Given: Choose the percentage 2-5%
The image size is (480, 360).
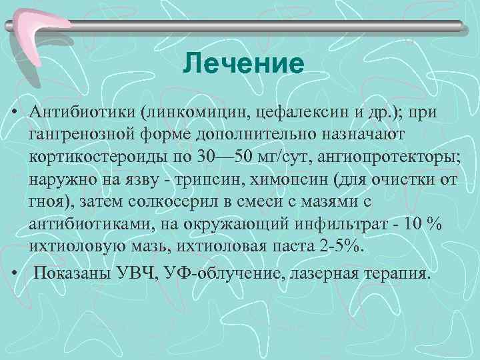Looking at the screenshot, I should click(x=343, y=246).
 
